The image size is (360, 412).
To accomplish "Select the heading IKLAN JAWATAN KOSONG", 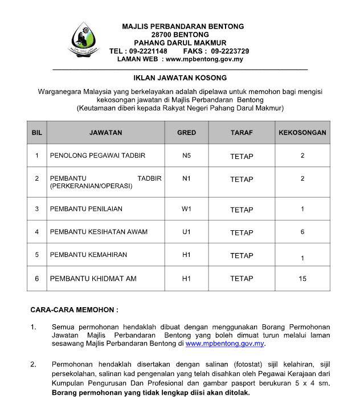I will (x=180, y=77).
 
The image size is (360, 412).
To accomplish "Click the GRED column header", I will (x=186, y=132).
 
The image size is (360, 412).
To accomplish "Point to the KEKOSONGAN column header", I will (x=302, y=132).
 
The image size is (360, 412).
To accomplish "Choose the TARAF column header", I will (x=242, y=132).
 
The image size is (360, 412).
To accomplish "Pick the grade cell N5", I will (x=186, y=155).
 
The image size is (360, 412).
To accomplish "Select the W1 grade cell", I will (x=186, y=209).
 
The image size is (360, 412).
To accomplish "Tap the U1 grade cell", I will (x=186, y=232).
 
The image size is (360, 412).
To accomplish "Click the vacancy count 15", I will (x=302, y=279).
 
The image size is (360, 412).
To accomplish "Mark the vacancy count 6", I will (x=302, y=232).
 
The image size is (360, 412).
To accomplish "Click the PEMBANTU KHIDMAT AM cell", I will (x=93, y=279).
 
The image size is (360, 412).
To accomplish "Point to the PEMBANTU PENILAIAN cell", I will (x=86, y=209).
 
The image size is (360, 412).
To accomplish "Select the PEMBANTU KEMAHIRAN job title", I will (x=88, y=255).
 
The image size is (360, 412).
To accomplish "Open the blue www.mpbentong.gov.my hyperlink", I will (x=225, y=344).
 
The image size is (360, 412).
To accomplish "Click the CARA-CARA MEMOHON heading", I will (x=74, y=310).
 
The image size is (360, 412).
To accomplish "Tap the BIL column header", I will (x=36, y=132).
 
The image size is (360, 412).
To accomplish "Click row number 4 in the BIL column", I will (x=36, y=232).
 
